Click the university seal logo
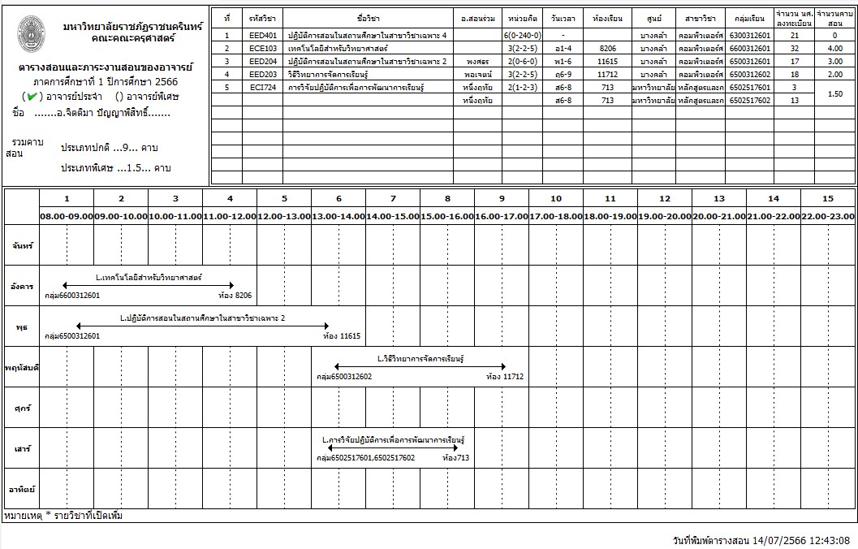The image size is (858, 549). (31, 31)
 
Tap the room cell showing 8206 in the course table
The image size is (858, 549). (608, 49)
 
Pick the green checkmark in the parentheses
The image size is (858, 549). (31, 97)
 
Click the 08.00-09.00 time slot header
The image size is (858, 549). (67, 216)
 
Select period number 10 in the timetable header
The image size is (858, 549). (555, 199)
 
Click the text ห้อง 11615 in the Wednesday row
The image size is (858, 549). (342, 336)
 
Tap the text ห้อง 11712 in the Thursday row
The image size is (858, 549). (505, 377)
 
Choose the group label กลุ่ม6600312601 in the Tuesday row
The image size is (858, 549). (72, 296)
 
